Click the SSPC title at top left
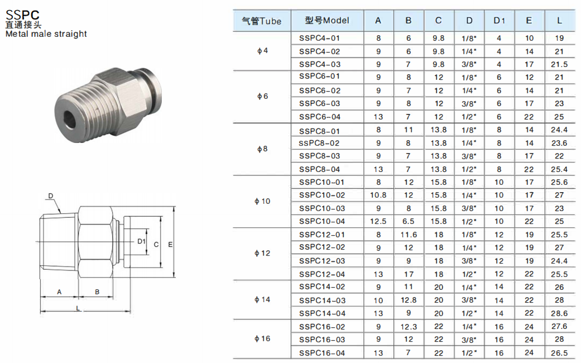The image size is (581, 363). click(22, 15)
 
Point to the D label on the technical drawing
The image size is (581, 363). click(51, 196)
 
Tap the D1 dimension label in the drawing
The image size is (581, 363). click(141, 241)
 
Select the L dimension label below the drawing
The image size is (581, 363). click(78, 308)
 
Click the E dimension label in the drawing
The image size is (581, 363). click(170, 245)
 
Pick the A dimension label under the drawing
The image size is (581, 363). click(59, 292)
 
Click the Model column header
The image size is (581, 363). click(327, 21)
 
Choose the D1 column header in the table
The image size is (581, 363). click(499, 21)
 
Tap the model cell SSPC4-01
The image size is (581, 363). click(319, 38)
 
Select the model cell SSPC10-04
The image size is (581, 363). click(322, 221)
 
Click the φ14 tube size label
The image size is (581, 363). click(262, 299)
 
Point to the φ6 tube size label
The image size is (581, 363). click(262, 97)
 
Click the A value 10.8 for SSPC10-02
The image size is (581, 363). click(378, 195)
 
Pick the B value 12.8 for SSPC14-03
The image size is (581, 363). click(409, 300)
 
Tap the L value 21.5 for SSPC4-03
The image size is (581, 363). click(559, 65)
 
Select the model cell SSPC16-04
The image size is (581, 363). click(322, 353)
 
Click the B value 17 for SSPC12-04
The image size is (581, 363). click(409, 274)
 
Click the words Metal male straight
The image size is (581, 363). click(46, 34)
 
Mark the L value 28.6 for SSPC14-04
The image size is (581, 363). click(559, 313)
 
